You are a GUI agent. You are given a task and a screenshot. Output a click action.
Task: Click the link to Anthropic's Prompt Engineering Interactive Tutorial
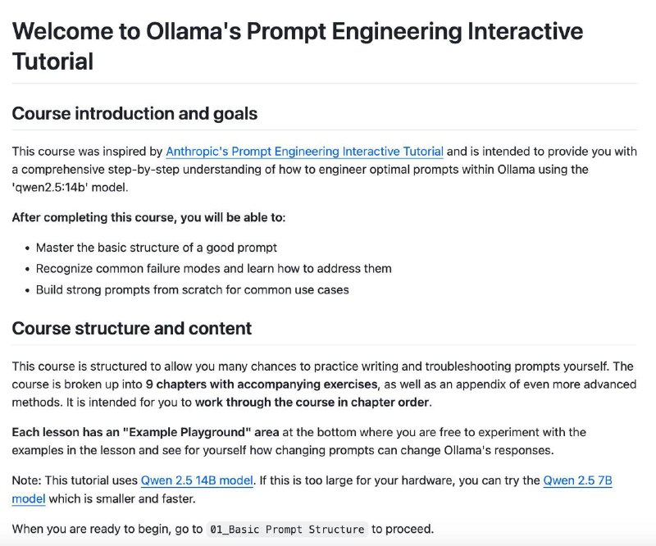304,151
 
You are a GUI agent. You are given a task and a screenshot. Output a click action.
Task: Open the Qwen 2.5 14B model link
197,480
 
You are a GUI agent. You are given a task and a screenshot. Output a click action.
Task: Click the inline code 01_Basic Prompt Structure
287,530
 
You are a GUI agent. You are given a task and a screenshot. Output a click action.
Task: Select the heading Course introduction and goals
134,114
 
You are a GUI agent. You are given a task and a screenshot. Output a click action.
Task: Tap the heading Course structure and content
132,329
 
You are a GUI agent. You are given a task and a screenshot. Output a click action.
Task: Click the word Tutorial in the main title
52,61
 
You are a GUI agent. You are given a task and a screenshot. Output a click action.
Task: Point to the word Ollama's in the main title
194,31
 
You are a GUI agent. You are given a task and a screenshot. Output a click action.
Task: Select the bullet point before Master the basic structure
27,248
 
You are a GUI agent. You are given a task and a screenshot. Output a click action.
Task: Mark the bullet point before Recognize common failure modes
27,269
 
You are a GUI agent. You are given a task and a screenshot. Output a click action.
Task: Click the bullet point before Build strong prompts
27,290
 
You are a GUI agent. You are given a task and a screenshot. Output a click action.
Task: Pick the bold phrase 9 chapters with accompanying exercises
262,384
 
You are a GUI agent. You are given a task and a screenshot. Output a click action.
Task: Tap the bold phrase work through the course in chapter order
312,403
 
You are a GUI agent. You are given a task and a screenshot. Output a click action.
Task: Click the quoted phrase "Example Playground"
187,432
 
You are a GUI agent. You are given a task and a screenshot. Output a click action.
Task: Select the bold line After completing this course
148,217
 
